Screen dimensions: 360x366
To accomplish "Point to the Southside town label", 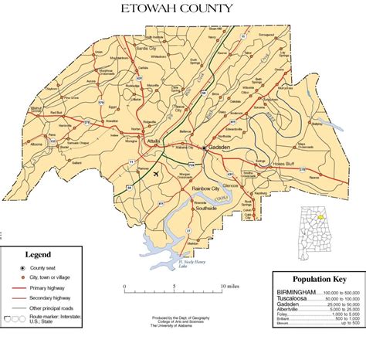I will (206, 209).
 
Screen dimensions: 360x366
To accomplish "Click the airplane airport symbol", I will (158, 174).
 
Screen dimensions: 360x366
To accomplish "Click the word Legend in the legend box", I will (38, 254).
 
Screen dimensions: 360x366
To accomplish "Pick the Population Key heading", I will (318, 280).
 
